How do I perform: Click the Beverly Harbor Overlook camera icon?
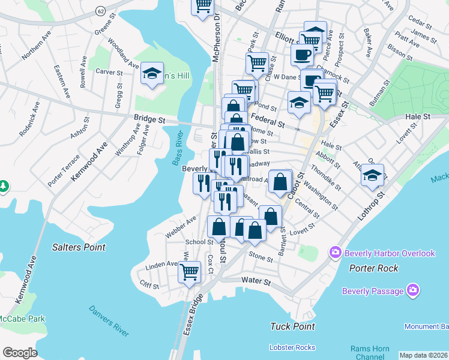click(336, 253)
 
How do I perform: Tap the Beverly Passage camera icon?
click(413, 292)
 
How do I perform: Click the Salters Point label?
click(79, 247)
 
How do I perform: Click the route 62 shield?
click(100, 10)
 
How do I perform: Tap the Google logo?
click(20, 353)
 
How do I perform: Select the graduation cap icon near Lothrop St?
click(372, 175)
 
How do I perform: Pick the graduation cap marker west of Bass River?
click(152, 74)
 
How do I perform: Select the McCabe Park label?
click(22, 318)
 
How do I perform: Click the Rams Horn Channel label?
click(370, 353)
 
